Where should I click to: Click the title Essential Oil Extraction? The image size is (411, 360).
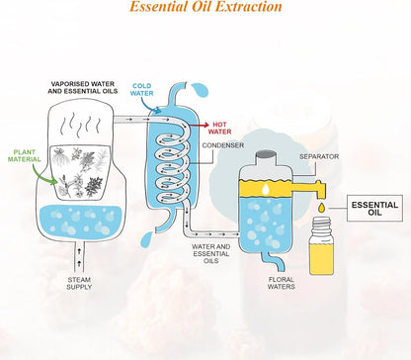205,6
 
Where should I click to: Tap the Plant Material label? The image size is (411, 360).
25,156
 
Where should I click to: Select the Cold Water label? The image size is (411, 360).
141,90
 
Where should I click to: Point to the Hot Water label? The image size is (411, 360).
219,128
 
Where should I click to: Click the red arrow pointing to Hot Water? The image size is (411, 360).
200,125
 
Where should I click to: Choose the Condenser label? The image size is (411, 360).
223,145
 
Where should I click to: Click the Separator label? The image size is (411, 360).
319,156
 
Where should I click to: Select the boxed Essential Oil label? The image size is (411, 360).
374,209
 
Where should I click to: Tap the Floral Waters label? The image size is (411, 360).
281,283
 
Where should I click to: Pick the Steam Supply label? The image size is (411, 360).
79,283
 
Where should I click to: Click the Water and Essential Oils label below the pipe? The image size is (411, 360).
211,253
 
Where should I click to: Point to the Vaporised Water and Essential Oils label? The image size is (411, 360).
83,87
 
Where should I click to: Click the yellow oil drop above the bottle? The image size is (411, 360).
321,208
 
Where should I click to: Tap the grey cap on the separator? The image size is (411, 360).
266,155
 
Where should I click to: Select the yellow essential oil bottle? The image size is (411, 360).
321,246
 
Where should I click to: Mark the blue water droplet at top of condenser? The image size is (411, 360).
200,90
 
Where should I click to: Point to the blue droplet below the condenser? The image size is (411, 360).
146,240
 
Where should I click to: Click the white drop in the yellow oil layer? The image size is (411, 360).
266,189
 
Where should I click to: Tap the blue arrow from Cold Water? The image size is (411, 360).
149,106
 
